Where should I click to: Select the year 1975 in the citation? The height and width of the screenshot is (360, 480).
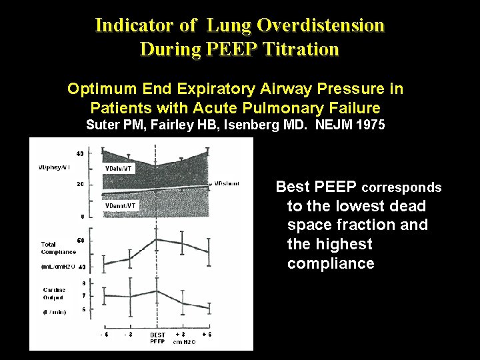367,125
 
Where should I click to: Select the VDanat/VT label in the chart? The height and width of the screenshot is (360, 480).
121,206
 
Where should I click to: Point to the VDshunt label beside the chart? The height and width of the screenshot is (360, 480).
227,183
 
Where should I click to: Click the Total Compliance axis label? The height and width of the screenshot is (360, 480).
58,248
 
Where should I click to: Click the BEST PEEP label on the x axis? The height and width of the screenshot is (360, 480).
157,337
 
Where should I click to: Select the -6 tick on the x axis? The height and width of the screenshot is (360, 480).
105,334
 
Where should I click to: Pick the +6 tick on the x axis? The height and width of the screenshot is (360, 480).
207,334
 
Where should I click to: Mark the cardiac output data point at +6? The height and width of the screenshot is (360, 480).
208,309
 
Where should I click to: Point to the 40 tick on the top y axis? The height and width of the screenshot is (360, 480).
80,154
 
